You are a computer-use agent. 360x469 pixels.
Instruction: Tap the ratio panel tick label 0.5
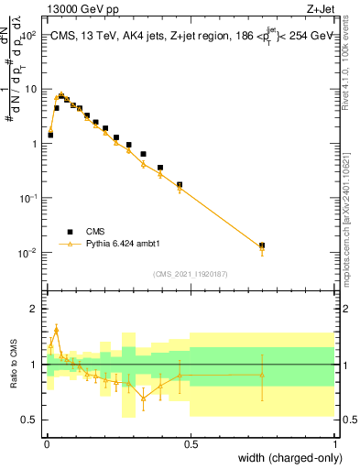(x=28, y=420)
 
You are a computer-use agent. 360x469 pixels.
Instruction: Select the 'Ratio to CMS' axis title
(x=12, y=365)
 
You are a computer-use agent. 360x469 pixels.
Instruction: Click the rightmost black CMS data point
(x=262, y=245)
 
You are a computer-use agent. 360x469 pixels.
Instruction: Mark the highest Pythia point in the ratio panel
(x=56, y=330)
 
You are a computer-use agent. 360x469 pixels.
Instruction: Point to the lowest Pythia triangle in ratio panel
(x=143, y=397)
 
